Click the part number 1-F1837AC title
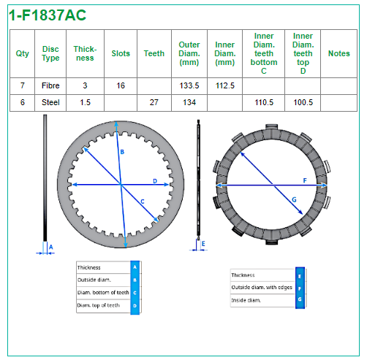(x=48, y=15)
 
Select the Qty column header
(x=22, y=53)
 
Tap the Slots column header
(x=121, y=53)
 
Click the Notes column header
(x=338, y=53)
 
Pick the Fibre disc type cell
(x=50, y=85)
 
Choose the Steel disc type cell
(x=50, y=102)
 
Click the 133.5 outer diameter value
(x=189, y=85)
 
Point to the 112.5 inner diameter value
(x=224, y=85)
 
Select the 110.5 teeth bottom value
(x=264, y=102)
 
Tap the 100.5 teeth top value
(x=303, y=102)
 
